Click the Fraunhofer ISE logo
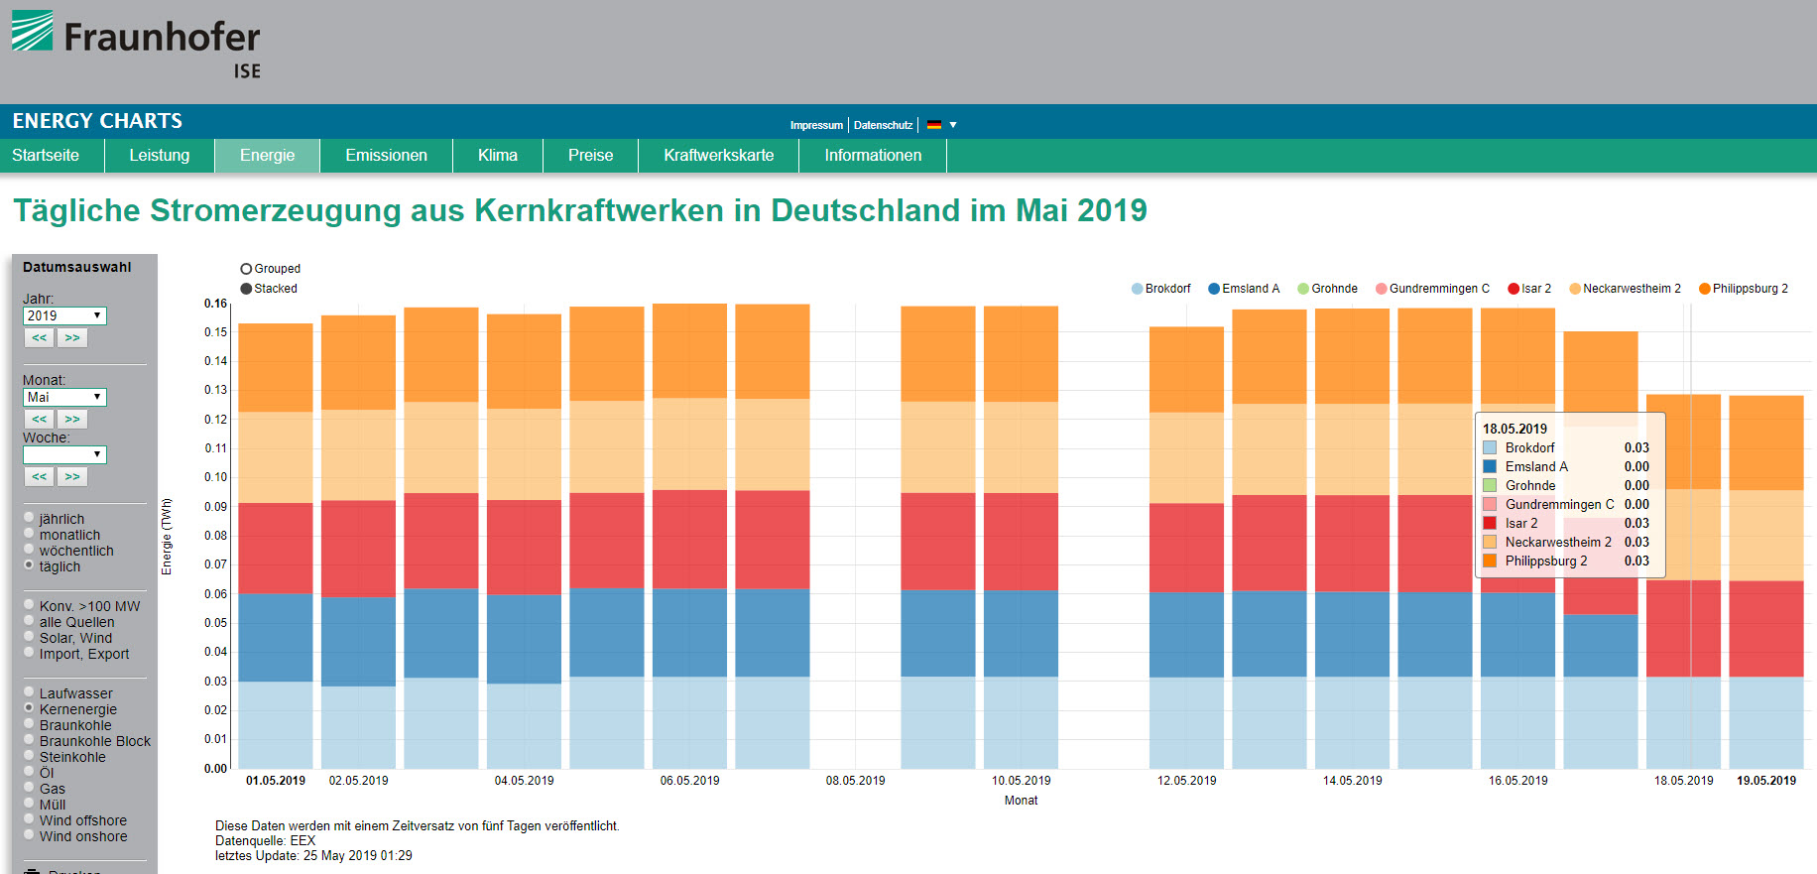tap(136, 44)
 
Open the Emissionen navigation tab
tap(386, 156)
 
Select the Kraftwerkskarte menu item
tap(718, 156)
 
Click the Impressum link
tap(815, 125)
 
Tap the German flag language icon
tap(934, 125)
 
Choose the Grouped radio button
tap(246, 269)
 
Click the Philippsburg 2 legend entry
tap(1743, 289)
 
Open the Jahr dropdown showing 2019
tap(64, 315)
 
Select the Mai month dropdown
tap(64, 397)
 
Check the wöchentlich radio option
tap(30, 551)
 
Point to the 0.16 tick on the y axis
tap(215, 304)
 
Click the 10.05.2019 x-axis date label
tap(1021, 781)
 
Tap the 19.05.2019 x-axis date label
tap(1765, 781)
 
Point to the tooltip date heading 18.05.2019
tap(1514, 429)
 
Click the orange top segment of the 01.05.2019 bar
tap(276, 367)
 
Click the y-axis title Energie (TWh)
tap(167, 536)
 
